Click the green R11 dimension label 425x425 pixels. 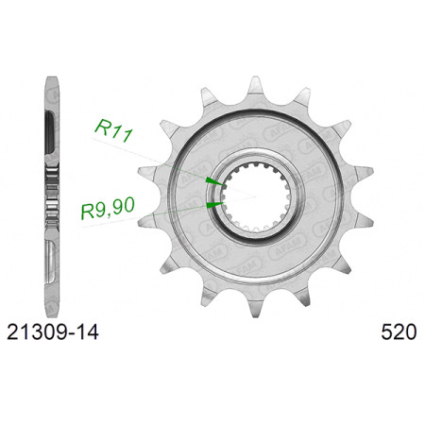tap(113, 129)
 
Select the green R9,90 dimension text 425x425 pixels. tap(108, 208)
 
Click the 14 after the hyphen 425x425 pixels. tap(87, 332)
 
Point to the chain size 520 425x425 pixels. tap(399, 332)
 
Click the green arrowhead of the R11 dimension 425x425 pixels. tap(215, 181)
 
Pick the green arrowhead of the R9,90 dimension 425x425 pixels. tap(215, 205)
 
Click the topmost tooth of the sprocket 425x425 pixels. tap(255, 86)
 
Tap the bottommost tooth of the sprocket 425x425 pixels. tap(255, 308)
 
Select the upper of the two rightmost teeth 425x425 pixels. tap(364, 172)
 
